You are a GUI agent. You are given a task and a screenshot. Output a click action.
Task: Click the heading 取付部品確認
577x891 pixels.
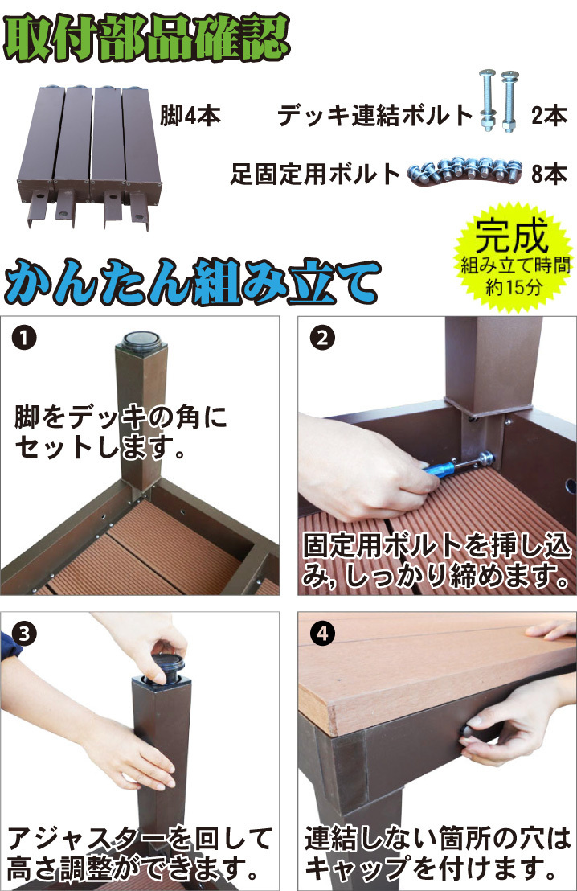pyautogui.click(x=147, y=38)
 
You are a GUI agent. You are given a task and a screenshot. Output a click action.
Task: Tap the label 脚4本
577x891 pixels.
pyautogui.click(x=190, y=116)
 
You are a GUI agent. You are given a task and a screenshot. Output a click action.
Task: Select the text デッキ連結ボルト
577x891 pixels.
pyautogui.click(x=374, y=116)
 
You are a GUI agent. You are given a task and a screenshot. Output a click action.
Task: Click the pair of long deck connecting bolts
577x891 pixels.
pyautogui.click(x=499, y=101)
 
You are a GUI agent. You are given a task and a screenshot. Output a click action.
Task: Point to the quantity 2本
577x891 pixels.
pyautogui.click(x=549, y=116)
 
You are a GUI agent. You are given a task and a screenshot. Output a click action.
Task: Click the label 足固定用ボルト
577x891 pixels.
pyautogui.click(x=316, y=174)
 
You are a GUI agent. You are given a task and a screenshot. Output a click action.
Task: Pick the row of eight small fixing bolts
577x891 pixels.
pyautogui.click(x=465, y=171)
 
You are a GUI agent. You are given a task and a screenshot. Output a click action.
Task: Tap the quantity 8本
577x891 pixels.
pyautogui.click(x=549, y=174)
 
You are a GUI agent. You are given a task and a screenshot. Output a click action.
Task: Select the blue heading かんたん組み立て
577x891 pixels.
pyautogui.click(x=192, y=281)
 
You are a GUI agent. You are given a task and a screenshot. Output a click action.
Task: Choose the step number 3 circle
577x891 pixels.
pyautogui.click(x=24, y=634)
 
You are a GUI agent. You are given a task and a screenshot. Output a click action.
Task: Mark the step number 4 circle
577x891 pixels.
pyautogui.click(x=322, y=634)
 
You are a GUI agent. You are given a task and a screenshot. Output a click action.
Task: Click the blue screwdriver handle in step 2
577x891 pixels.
pyautogui.click(x=441, y=469)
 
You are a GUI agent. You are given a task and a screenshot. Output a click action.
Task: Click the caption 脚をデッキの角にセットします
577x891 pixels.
pyautogui.click(x=121, y=432)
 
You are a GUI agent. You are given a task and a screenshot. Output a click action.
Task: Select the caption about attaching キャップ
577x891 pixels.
pyautogui.click(x=437, y=853)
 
